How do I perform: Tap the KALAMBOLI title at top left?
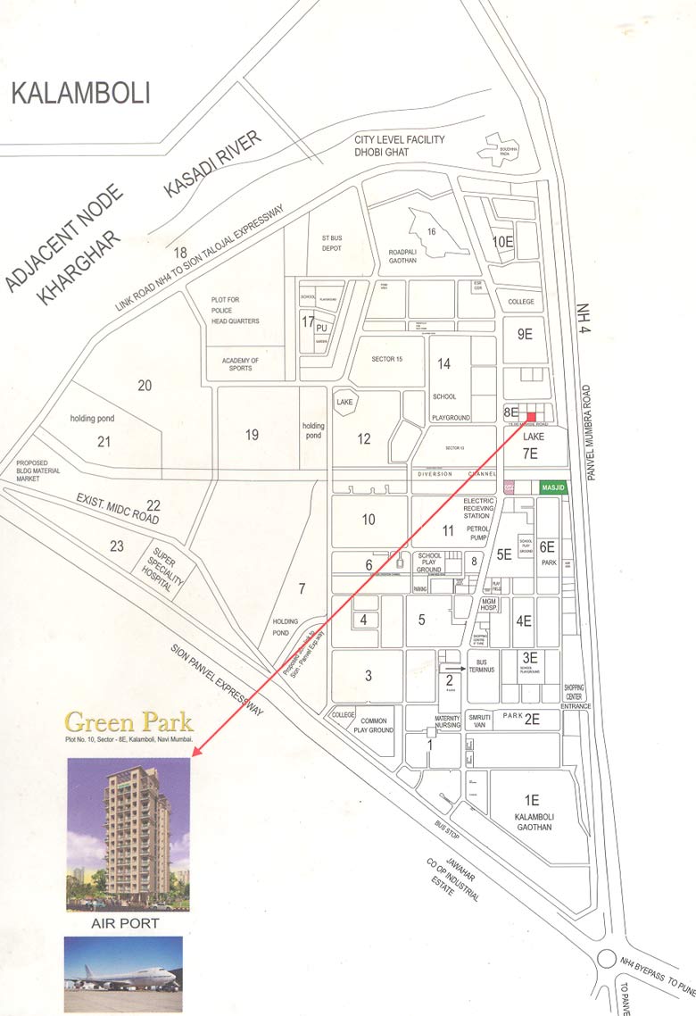point(81,93)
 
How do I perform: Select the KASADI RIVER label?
point(212,164)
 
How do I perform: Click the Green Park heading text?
point(129,720)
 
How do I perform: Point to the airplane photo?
point(123,973)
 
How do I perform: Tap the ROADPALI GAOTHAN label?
point(409,256)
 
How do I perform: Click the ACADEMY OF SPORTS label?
point(240,365)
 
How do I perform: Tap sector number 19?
point(252,435)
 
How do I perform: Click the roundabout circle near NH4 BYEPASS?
point(608,961)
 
